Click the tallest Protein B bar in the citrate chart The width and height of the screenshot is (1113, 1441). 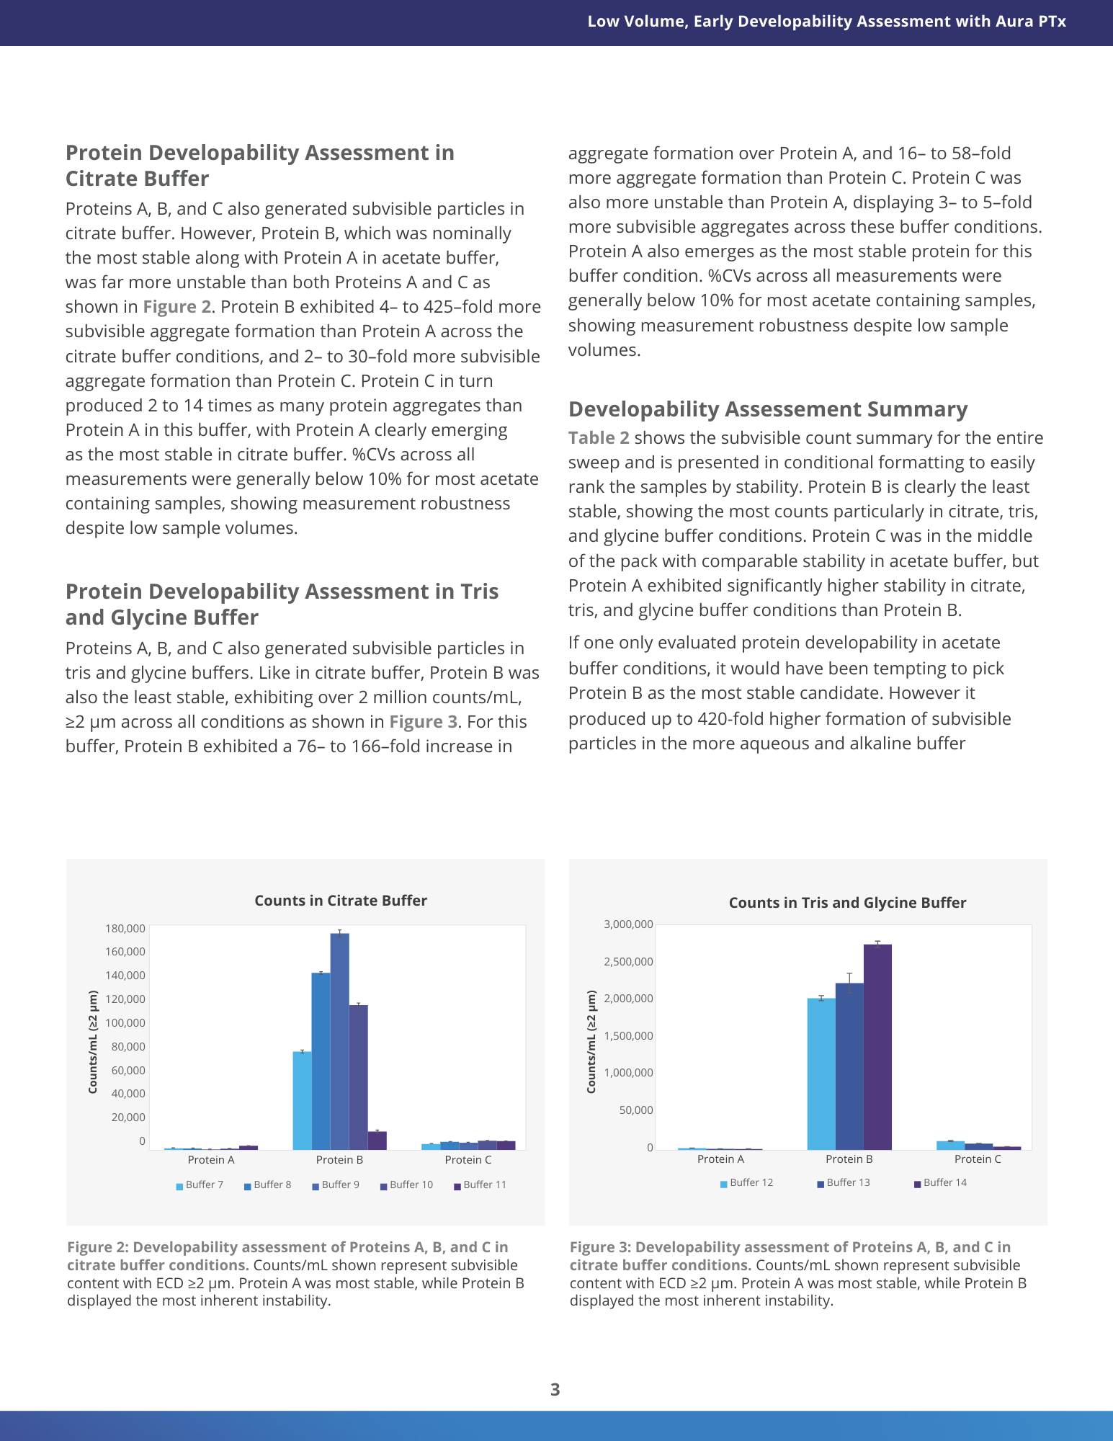[x=339, y=1041]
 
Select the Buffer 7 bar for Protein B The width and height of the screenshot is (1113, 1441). [x=302, y=1100]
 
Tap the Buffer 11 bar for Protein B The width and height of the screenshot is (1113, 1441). [x=377, y=1141]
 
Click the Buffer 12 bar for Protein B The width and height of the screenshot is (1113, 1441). [x=821, y=1074]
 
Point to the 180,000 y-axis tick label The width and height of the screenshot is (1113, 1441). [x=125, y=929]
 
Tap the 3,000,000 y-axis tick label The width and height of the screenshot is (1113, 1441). [x=628, y=924]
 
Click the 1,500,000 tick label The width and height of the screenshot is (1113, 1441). [x=628, y=1036]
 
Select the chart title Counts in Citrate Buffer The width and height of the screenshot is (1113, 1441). [x=341, y=901]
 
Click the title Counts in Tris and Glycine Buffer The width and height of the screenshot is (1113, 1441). [x=847, y=903]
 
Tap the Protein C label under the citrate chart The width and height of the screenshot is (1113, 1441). [x=468, y=1160]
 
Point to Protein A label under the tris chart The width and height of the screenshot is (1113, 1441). [x=720, y=1159]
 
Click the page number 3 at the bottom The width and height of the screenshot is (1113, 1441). [x=555, y=1390]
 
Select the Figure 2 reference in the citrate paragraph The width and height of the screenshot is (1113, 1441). [x=176, y=307]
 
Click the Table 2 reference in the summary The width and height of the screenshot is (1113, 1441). [x=599, y=438]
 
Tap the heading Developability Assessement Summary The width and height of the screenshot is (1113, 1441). [x=768, y=409]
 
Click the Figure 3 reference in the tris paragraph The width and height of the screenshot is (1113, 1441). [x=423, y=722]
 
